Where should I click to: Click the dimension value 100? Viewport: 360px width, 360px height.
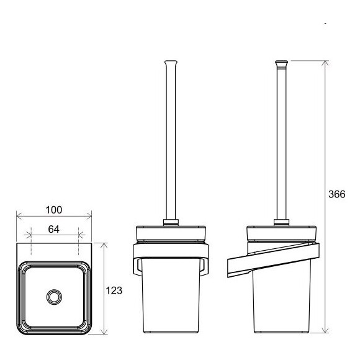click(53, 210)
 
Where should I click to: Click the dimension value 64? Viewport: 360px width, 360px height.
click(53, 229)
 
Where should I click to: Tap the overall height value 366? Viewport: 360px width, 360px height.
click(336, 194)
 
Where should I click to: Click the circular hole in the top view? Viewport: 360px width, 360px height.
click(54, 297)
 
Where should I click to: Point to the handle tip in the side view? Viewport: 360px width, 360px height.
click(281, 63)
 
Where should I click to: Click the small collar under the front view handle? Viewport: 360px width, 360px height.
click(171, 221)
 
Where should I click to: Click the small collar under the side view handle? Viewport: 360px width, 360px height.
click(281, 221)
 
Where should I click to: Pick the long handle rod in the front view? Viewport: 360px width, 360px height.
click(171, 143)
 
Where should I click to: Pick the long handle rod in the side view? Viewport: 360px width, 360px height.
click(281, 143)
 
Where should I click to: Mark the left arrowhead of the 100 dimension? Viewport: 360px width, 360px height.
click(18, 217)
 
